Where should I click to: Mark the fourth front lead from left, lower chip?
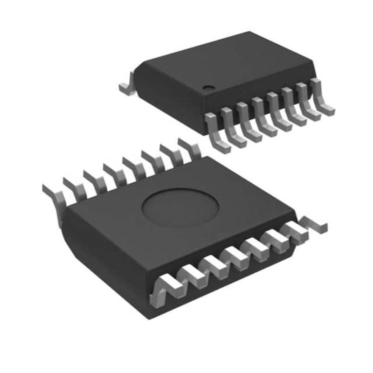233,256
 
